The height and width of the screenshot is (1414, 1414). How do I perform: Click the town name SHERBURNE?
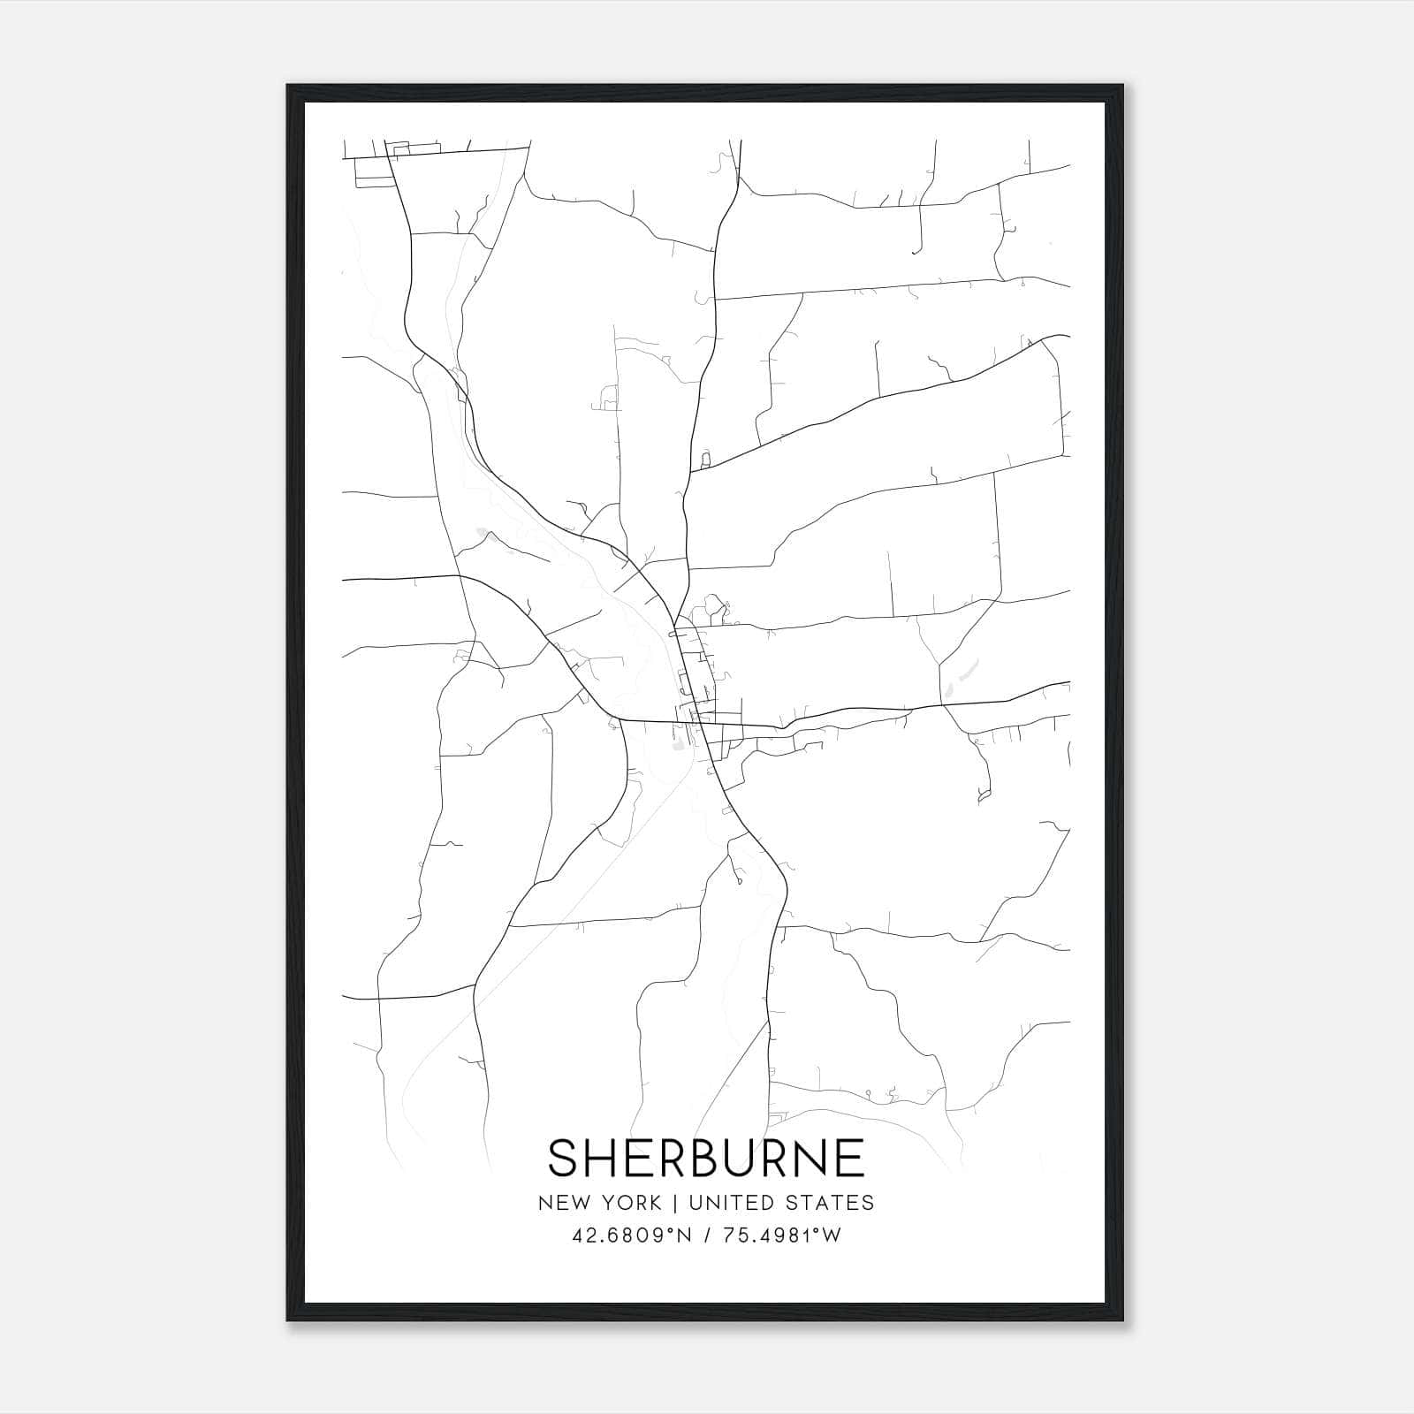(x=706, y=1157)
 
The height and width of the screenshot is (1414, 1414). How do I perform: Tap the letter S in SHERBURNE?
(x=565, y=1157)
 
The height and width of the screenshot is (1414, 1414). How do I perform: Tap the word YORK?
(x=628, y=1203)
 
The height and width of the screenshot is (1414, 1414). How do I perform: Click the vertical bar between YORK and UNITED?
(x=673, y=1203)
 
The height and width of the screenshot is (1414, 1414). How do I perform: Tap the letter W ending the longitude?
(x=832, y=1235)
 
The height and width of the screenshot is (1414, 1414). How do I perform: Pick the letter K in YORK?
(x=654, y=1203)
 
